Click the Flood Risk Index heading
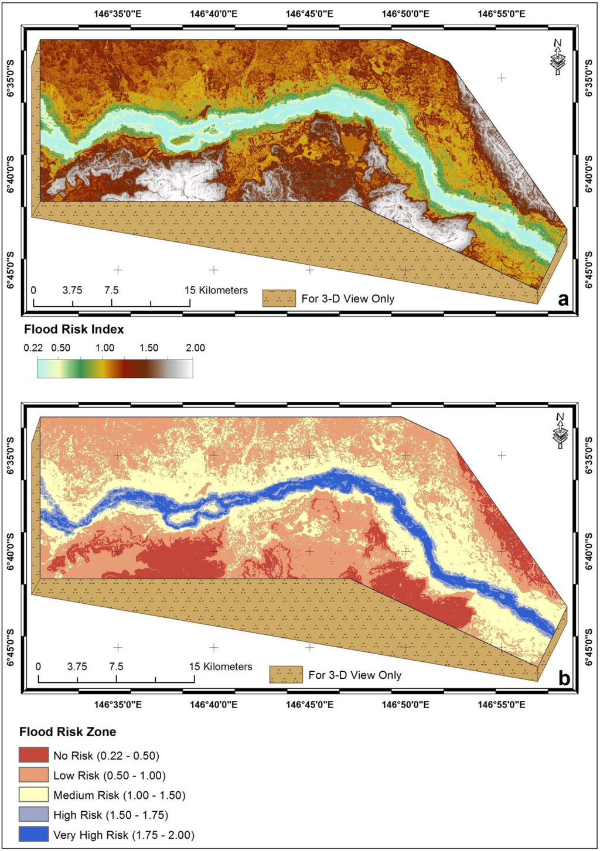[74, 329]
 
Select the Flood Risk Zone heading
[67, 732]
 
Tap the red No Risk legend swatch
[33, 755]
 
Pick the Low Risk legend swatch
[33, 775]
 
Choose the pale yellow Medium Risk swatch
[33, 795]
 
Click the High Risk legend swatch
[33, 815]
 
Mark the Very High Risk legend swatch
[33, 835]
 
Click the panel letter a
[564, 300]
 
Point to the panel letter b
[564, 678]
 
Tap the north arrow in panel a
[558, 57]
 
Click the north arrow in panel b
[560, 432]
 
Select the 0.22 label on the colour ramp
[33, 348]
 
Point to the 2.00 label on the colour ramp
[195, 348]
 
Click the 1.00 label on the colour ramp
[105, 348]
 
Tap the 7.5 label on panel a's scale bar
[111, 290]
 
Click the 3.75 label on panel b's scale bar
[77, 667]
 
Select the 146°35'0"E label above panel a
[118, 13]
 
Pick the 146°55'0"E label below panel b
[502, 705]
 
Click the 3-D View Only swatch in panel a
[279, 299]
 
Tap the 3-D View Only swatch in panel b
[286, 675]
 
